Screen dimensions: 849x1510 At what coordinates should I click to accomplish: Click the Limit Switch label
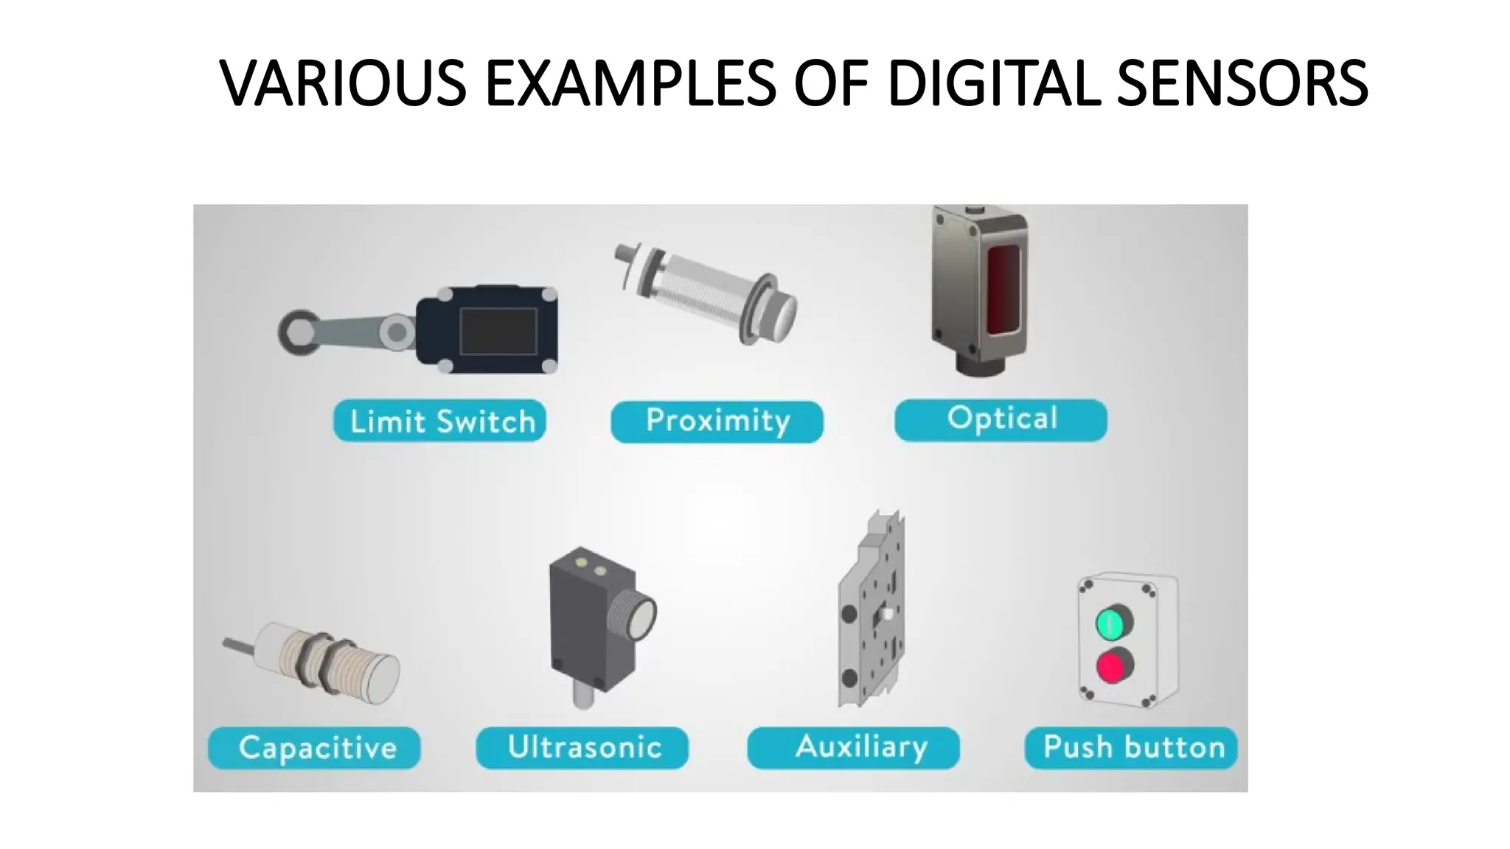pyautogui.click(x=439, y=421)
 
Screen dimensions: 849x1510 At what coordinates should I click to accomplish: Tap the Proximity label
pyautogui.click(x=717, y=421)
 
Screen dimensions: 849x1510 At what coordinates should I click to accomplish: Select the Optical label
pyautogui.click(x=1001, y=419)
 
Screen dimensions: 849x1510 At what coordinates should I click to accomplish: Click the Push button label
pyautogui.click(x=1131, y=747)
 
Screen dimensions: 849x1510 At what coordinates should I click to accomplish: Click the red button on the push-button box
pyautogui.click(x=1113, y=666)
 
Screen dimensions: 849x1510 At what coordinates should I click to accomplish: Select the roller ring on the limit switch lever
pyautogui.click(x=296, y=331)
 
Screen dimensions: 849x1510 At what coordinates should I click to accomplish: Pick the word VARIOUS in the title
pyautogui.click(x=344, y=83)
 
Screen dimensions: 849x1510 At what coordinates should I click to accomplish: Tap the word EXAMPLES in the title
pyautogui.click(x=630, y=83)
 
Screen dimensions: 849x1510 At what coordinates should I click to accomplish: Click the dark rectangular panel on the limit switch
pyautogui.click(x=498, y=331)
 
